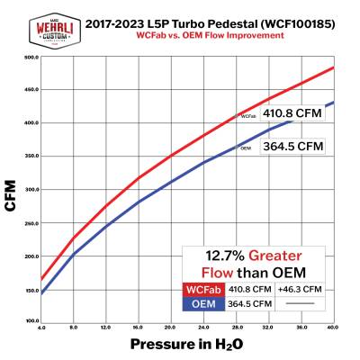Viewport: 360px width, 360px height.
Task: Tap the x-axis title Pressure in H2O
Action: [188, 343]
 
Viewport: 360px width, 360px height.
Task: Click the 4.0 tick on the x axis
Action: [42, 328]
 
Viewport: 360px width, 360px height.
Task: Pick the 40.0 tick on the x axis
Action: [334, 328]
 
